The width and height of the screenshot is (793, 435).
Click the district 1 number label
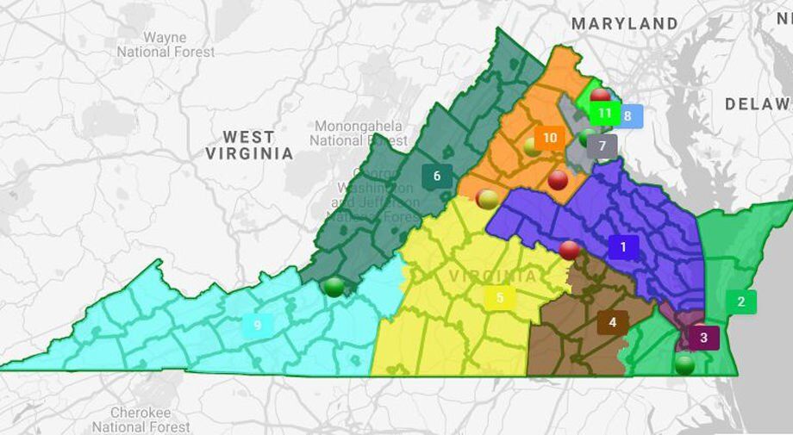point(623,247)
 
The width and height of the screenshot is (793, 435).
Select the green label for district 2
point(740,301)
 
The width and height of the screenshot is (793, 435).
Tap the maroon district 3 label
point(703,338)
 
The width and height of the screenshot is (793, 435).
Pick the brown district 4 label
point(612,323)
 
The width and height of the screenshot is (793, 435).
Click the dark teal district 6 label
point(437,176)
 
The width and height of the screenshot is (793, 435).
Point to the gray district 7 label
point(603,146)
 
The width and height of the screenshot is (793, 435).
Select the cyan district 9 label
point(257,325)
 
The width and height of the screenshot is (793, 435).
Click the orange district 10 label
point(550,137)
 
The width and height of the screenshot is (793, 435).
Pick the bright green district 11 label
point(605,112)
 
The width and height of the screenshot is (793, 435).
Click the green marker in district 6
point(334,287)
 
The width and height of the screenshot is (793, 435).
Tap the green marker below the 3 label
point(684,364)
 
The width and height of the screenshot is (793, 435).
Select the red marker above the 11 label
point(601,96)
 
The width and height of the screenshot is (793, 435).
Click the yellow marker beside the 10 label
point(533,147)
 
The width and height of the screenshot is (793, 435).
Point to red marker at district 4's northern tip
point(570,251)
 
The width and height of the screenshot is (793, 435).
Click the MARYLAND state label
point(625,23)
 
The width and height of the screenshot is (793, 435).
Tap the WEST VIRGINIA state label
point(249,145)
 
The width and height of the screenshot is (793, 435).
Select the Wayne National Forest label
point(165,45)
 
